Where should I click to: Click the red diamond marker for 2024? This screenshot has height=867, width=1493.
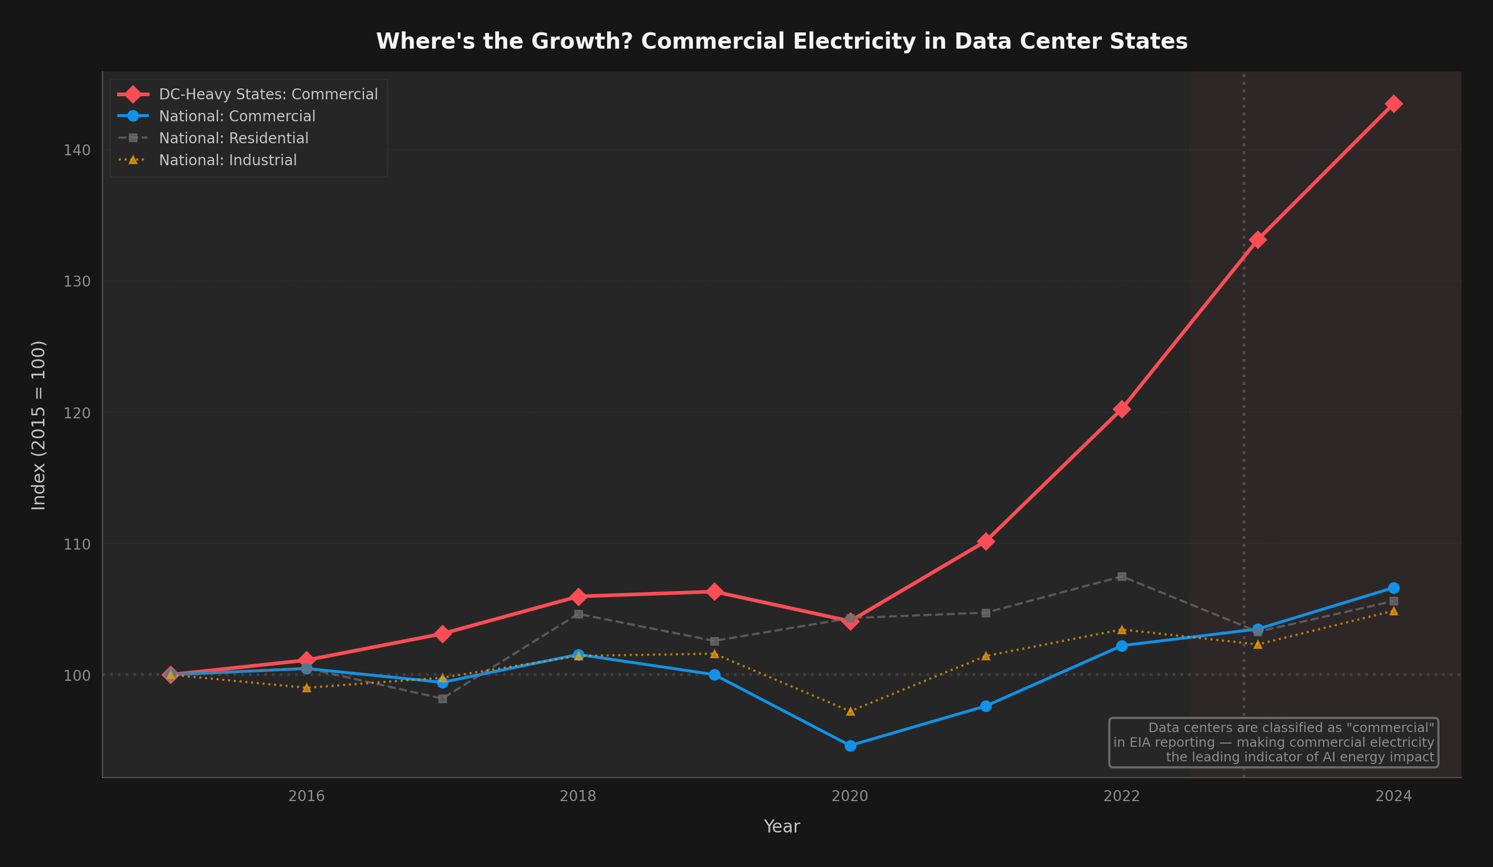click(x=1394, y=104)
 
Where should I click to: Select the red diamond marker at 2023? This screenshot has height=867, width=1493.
click(x=1258, y=239)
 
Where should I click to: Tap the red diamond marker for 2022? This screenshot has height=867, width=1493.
click(x=1122, y=409)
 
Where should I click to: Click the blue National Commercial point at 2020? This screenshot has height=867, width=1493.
click(x=850, y=746)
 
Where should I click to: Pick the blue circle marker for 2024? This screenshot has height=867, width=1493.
click(x=1394, y=588)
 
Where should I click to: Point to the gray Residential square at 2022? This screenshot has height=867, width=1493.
click(x=1122, y=576)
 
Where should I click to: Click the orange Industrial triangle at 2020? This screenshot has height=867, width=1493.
click(x=850, y=711)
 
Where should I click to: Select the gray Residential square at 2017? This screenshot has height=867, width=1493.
click(x=442, y=699)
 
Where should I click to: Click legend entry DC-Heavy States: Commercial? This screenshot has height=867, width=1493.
click(x=268, y=94)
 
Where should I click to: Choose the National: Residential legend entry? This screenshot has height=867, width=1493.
click(x=233, y=138)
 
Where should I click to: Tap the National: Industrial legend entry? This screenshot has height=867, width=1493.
click(x=227, y=160)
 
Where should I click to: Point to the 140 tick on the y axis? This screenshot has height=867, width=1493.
click(x=77, y=150)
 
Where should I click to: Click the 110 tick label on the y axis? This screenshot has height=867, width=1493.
click(x=77, y=544)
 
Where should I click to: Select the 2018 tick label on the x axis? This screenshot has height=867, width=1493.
click(x=578, y=796)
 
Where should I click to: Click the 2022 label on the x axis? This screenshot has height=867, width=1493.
click(x=1122, y=796)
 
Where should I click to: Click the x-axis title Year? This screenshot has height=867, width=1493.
click(x=781, y=826)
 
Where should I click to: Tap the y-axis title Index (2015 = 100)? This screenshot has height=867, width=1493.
click(x=39, y=425)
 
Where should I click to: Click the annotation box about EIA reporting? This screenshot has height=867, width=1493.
click(x=1273, y=742)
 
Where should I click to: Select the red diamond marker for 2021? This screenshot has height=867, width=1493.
click(x=986, y=541)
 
